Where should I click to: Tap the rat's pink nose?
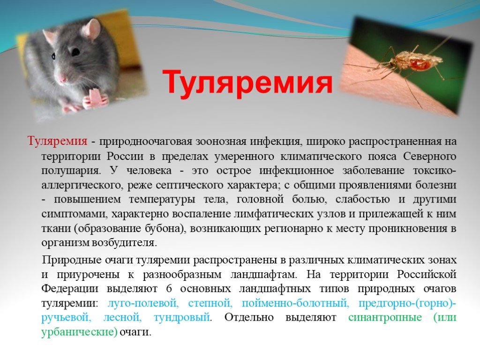62,80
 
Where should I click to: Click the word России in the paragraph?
125,156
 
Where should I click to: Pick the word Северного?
430,156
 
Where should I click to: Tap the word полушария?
71,171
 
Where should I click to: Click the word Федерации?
70,289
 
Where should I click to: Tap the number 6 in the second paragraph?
169,289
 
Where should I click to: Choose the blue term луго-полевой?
143,303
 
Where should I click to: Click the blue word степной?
210,303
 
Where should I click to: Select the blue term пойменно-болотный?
295,303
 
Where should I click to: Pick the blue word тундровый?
182,317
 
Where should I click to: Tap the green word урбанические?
79,332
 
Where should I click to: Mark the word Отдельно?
249,317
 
